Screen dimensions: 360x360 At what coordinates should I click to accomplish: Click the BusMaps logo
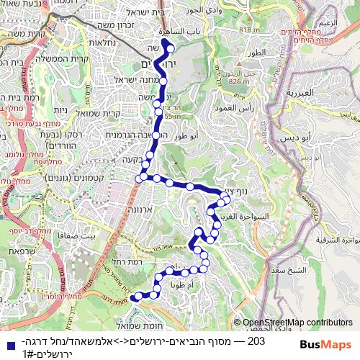326,344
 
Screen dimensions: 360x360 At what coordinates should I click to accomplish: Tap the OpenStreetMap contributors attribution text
297,323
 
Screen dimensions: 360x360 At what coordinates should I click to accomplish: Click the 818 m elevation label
248,30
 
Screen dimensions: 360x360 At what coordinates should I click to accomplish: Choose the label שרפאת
24,251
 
